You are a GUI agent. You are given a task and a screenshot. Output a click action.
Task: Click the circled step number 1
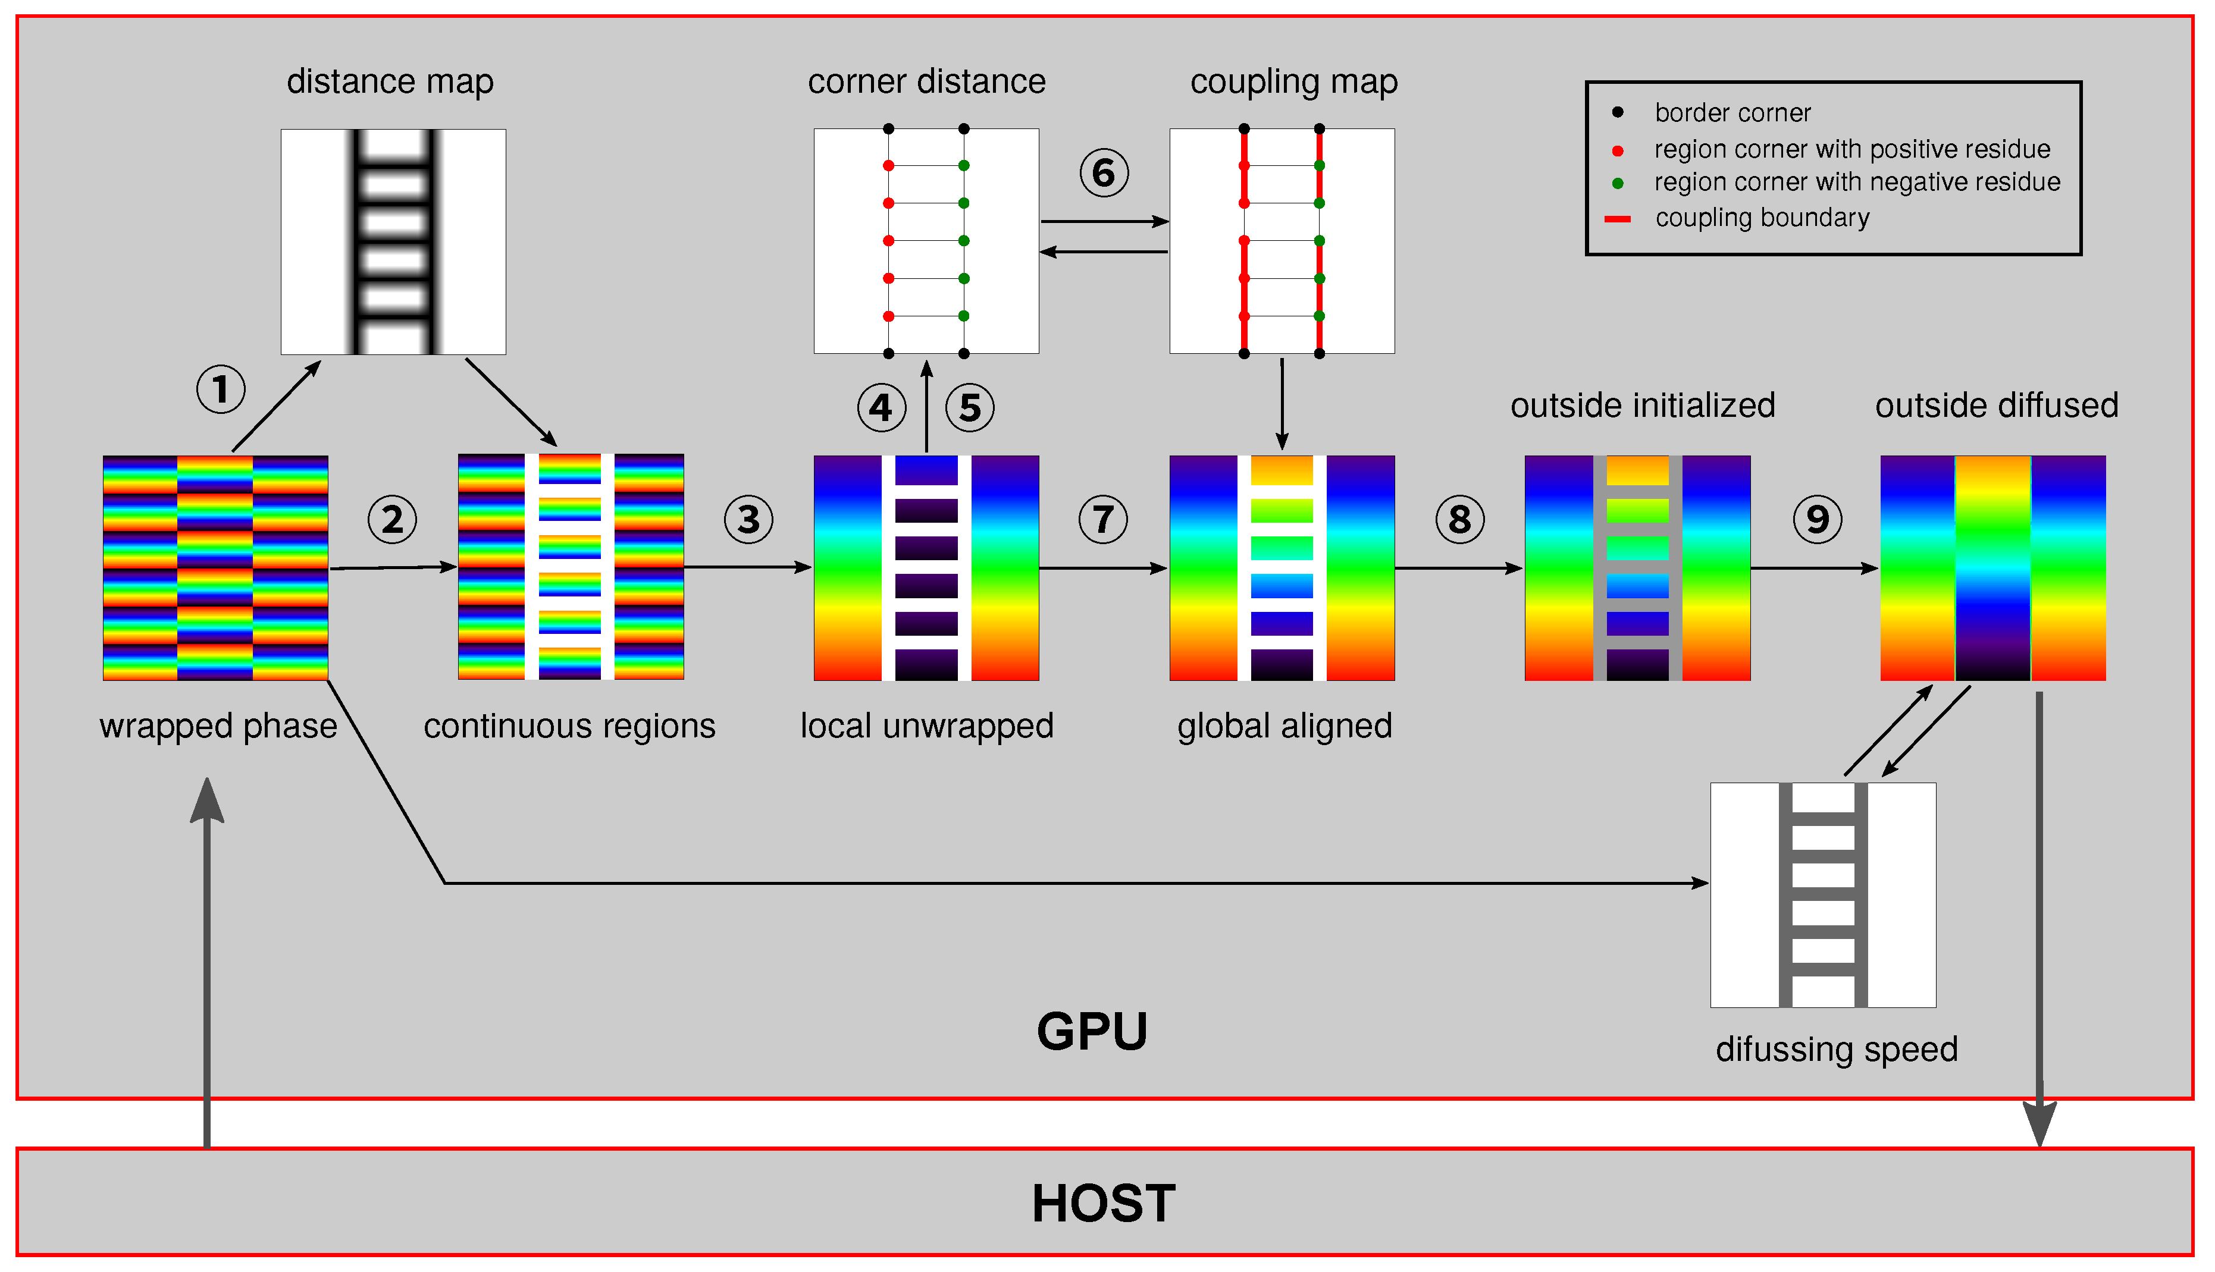[x=220, y=390]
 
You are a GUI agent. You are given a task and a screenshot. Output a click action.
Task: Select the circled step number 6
[x=1104, y=173]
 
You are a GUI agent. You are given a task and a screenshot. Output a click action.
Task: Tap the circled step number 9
[x=1818, y=520]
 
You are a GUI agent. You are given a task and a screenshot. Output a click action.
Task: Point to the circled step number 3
[x=748, y=520]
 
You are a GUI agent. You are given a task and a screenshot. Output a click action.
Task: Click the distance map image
[x=393, y=242]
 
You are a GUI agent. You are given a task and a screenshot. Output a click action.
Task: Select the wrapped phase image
[x=215, y=568]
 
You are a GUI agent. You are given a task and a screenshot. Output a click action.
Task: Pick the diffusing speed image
[x=1823, y=894]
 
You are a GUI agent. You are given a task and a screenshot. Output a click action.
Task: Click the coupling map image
[x=1282, y=241]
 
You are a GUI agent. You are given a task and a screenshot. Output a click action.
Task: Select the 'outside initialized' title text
[x=1642, y=406]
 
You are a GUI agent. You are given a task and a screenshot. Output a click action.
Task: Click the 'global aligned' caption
[x=1283, y=726]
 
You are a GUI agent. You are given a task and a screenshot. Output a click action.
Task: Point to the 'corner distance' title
[x=926, y=81]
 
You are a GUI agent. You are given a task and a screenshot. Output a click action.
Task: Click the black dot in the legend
[x=1617, y=112]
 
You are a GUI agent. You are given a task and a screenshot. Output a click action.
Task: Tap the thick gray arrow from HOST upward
[x=207, y=961]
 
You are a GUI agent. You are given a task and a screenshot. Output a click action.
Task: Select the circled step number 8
[x=1459, y=520]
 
